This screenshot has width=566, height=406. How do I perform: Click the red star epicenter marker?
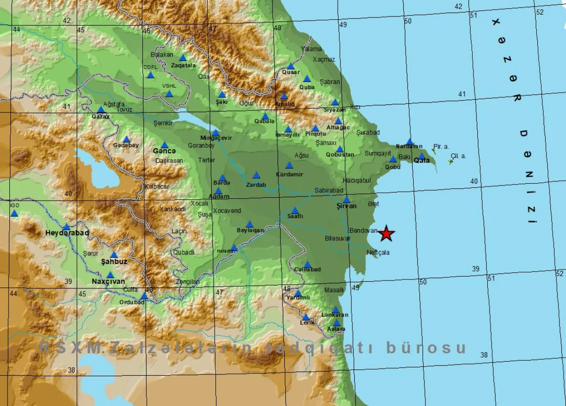point(387,233)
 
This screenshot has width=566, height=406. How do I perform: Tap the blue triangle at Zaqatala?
point(183,58)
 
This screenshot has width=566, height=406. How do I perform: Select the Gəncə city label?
point(164,151)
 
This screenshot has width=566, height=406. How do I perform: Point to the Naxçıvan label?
point(108,282)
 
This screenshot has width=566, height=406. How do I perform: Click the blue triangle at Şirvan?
point(346,200)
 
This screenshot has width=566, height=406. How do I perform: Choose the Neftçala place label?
point(378,253)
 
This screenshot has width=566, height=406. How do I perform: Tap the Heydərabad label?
point(67,233)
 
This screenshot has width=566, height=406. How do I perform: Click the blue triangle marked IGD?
point(14,213)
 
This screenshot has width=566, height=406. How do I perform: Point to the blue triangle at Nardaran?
point(410,141)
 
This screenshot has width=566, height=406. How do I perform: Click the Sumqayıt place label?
point(378,153)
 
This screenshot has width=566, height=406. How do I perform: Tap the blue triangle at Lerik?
point(306,317)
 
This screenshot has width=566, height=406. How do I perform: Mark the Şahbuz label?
point(114,261)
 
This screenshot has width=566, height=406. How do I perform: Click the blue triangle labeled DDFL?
point(150,75)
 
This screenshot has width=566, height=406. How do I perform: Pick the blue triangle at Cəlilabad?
point(307,264)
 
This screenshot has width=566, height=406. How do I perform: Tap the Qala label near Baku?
point(421,161)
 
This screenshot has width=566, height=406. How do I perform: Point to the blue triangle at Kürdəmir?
point(289,165)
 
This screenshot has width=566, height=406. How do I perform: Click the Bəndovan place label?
point(364,231)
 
